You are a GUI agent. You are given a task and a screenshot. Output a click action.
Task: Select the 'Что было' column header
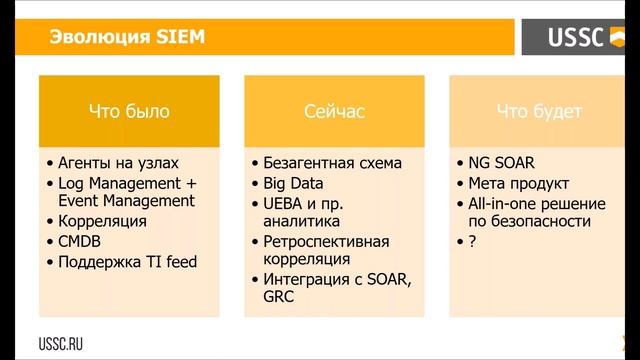[129, 111]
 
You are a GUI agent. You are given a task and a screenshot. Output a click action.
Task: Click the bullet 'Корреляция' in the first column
[103, 221]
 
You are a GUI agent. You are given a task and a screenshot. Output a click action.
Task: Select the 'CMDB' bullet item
[82, 241]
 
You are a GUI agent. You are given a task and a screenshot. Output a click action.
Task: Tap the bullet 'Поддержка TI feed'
[127, 262]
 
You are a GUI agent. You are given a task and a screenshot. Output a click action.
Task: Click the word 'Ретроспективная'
[326, 242]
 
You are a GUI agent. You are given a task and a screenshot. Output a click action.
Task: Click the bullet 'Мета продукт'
[518, 183]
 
